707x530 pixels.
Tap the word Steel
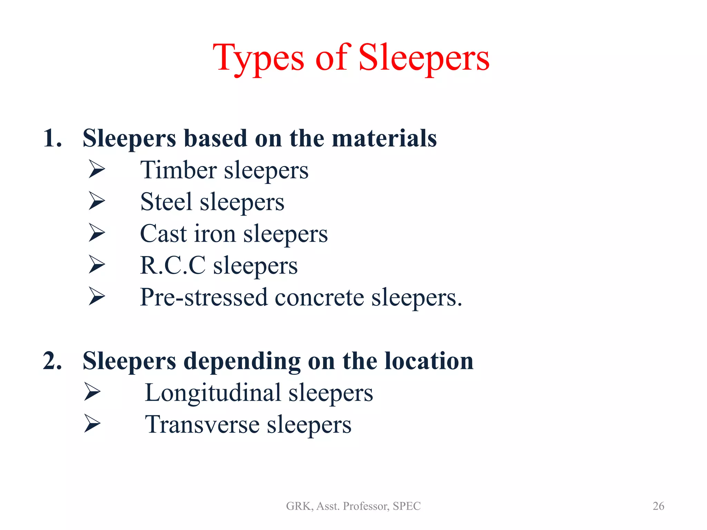166,202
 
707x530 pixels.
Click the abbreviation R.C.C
173,266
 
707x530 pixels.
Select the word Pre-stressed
204,297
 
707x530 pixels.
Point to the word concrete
319,297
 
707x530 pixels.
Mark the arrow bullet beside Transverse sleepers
92,423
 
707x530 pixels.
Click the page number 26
658,506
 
